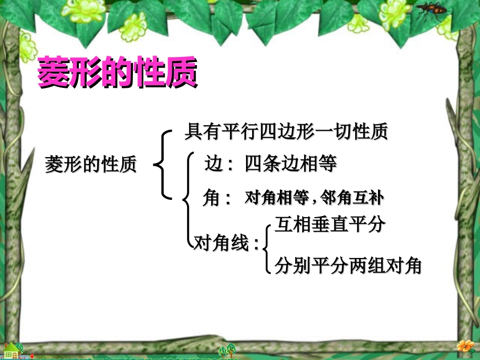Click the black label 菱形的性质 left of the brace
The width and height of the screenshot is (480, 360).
tap(91, 164)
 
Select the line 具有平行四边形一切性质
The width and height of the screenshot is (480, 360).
tap(286, 132)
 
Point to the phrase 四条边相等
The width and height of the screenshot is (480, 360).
tap(291, 164)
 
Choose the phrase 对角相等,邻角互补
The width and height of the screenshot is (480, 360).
tap(313, 198)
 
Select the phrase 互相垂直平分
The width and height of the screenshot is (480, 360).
tap(329, 224)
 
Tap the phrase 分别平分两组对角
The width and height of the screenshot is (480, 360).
tap(348, 265)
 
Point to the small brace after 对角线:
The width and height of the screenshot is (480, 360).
tap(266, 245)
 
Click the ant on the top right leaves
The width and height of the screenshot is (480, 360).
tap(431, 11)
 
